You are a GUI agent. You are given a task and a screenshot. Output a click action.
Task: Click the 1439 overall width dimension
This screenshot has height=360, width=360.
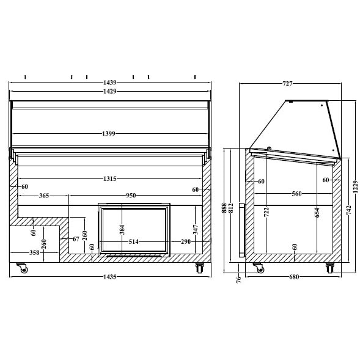point(110,82)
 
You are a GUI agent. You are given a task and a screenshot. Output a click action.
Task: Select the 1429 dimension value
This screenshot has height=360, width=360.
point(110,91)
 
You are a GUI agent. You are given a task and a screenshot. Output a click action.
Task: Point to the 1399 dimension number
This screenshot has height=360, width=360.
point(110,133)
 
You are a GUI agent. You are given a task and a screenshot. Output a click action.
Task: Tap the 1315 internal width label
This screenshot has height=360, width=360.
point(110,178)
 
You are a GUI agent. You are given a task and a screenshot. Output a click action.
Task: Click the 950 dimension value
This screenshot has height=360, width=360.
point(131,196)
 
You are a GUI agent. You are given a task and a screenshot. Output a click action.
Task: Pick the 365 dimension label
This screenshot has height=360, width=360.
point(44,196)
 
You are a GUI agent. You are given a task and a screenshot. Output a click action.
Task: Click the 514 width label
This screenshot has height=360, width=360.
point(134,241)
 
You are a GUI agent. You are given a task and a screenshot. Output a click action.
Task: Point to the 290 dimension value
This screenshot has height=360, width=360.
point(186,241)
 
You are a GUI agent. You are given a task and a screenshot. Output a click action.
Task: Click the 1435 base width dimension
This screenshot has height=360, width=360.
point(110,277)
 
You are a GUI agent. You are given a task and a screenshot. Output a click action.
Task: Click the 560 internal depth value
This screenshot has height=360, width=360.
point(296,194)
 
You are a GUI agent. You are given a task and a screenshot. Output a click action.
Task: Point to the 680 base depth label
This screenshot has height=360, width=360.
point(293,277)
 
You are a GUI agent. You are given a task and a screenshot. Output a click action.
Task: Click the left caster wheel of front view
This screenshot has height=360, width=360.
point(23,268)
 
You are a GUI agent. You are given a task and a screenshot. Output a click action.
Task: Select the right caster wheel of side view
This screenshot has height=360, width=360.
point(330,267)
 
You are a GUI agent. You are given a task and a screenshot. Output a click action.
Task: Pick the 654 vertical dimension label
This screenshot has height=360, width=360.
point(317,212)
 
